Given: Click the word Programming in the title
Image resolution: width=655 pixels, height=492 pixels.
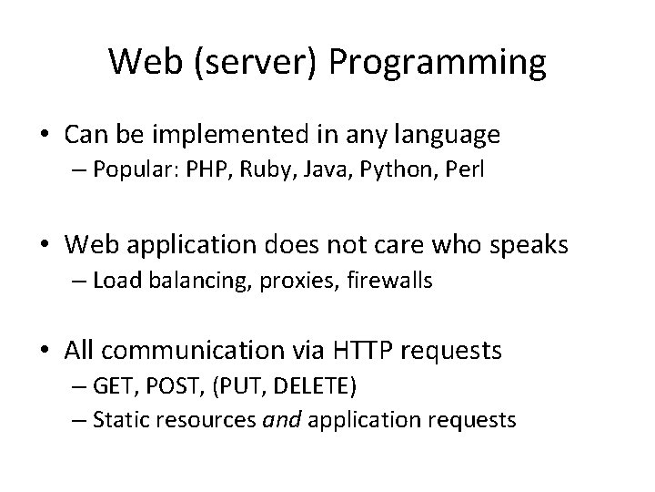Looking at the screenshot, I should click(x=440, y=62).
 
